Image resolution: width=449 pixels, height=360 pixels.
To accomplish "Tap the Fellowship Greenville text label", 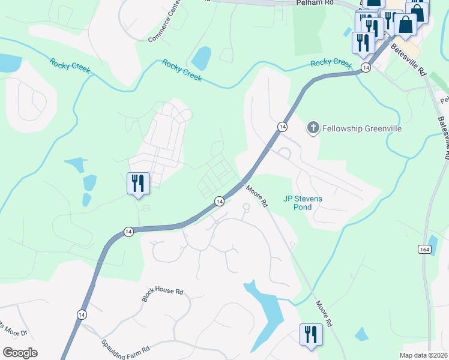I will pos(353,128).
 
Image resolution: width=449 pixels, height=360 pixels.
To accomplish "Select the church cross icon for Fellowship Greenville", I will pos(312,127).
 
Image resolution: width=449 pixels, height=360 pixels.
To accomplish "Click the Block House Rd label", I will pos(162,294).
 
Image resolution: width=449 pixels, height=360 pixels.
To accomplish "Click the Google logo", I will pos(20,353).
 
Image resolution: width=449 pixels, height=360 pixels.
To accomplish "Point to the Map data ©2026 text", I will pos(423,355).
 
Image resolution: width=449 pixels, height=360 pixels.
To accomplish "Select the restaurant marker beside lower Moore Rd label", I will pos(310,335).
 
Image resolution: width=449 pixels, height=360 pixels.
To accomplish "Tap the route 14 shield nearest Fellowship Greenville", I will pos(282,126).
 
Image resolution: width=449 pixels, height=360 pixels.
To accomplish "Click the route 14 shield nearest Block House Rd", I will pos(82,314).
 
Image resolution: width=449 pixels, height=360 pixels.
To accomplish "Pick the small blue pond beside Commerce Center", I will pos(201,58).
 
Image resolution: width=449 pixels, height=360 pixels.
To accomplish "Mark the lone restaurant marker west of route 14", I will pos(138,182).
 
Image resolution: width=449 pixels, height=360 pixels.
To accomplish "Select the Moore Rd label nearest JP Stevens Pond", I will pos(256,196).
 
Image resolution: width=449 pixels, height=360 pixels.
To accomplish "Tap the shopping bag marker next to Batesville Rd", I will pos(405,25).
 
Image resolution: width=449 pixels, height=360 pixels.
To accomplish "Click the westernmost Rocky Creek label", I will pos(70,66).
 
